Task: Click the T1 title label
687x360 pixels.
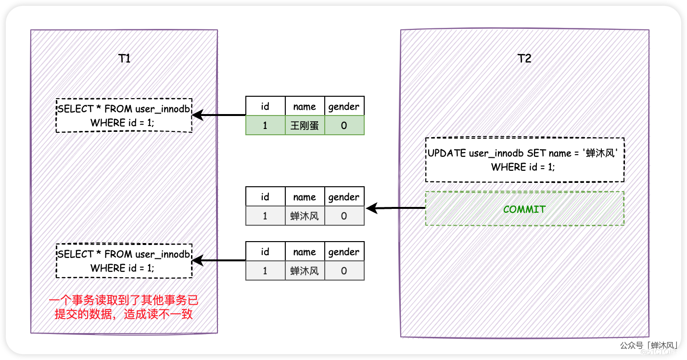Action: point(124,59)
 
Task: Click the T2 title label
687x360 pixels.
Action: point(524,59)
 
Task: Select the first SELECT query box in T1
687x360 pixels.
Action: point(124,116)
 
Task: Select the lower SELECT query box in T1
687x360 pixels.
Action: point(124,261)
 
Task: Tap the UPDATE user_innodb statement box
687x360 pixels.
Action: point(524,160)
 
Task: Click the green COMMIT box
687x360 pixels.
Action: point(524,209)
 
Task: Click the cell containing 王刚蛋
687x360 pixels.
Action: point(305,125)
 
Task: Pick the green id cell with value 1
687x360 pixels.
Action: point(265,125)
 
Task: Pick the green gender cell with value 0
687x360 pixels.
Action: point(344,125)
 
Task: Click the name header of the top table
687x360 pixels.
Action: point(305,106)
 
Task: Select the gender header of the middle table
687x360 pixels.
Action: point(344,197)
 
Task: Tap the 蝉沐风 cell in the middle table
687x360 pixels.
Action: point(305,216)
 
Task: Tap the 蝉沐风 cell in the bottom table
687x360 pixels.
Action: point(305,270)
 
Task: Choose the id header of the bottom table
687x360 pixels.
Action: point(265,252)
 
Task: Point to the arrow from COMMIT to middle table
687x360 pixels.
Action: point(395,208)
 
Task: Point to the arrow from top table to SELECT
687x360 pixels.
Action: point(219,115)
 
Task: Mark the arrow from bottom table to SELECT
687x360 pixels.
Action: point(219,260)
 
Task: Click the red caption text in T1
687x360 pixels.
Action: point(124,308)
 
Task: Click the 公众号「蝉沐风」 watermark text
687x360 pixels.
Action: point(649,346)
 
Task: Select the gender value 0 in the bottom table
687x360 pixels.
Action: point(344,270)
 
